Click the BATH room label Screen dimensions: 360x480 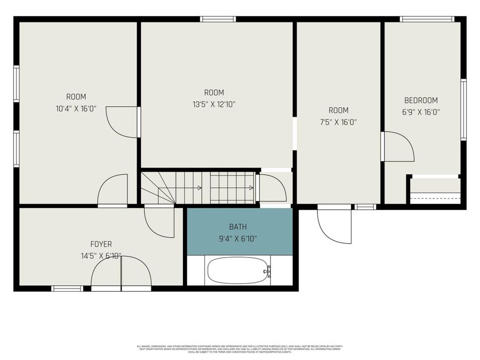238,227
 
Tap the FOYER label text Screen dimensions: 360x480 101,244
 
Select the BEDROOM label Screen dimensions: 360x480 421,100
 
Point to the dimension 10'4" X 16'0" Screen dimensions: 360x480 76,109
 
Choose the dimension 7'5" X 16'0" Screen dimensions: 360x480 338,122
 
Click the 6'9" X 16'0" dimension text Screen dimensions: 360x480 421,113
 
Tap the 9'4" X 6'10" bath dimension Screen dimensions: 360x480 238,239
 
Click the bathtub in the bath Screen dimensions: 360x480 238,271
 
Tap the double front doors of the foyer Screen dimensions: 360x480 121,273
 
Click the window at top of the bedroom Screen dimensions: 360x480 427,19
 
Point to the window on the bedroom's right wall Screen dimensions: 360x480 463,109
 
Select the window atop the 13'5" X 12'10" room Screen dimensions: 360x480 218,19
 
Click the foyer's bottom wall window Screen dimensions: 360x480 67,289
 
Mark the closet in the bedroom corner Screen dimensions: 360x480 435,191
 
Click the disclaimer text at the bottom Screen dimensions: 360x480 239,349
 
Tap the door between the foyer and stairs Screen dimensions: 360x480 159,221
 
